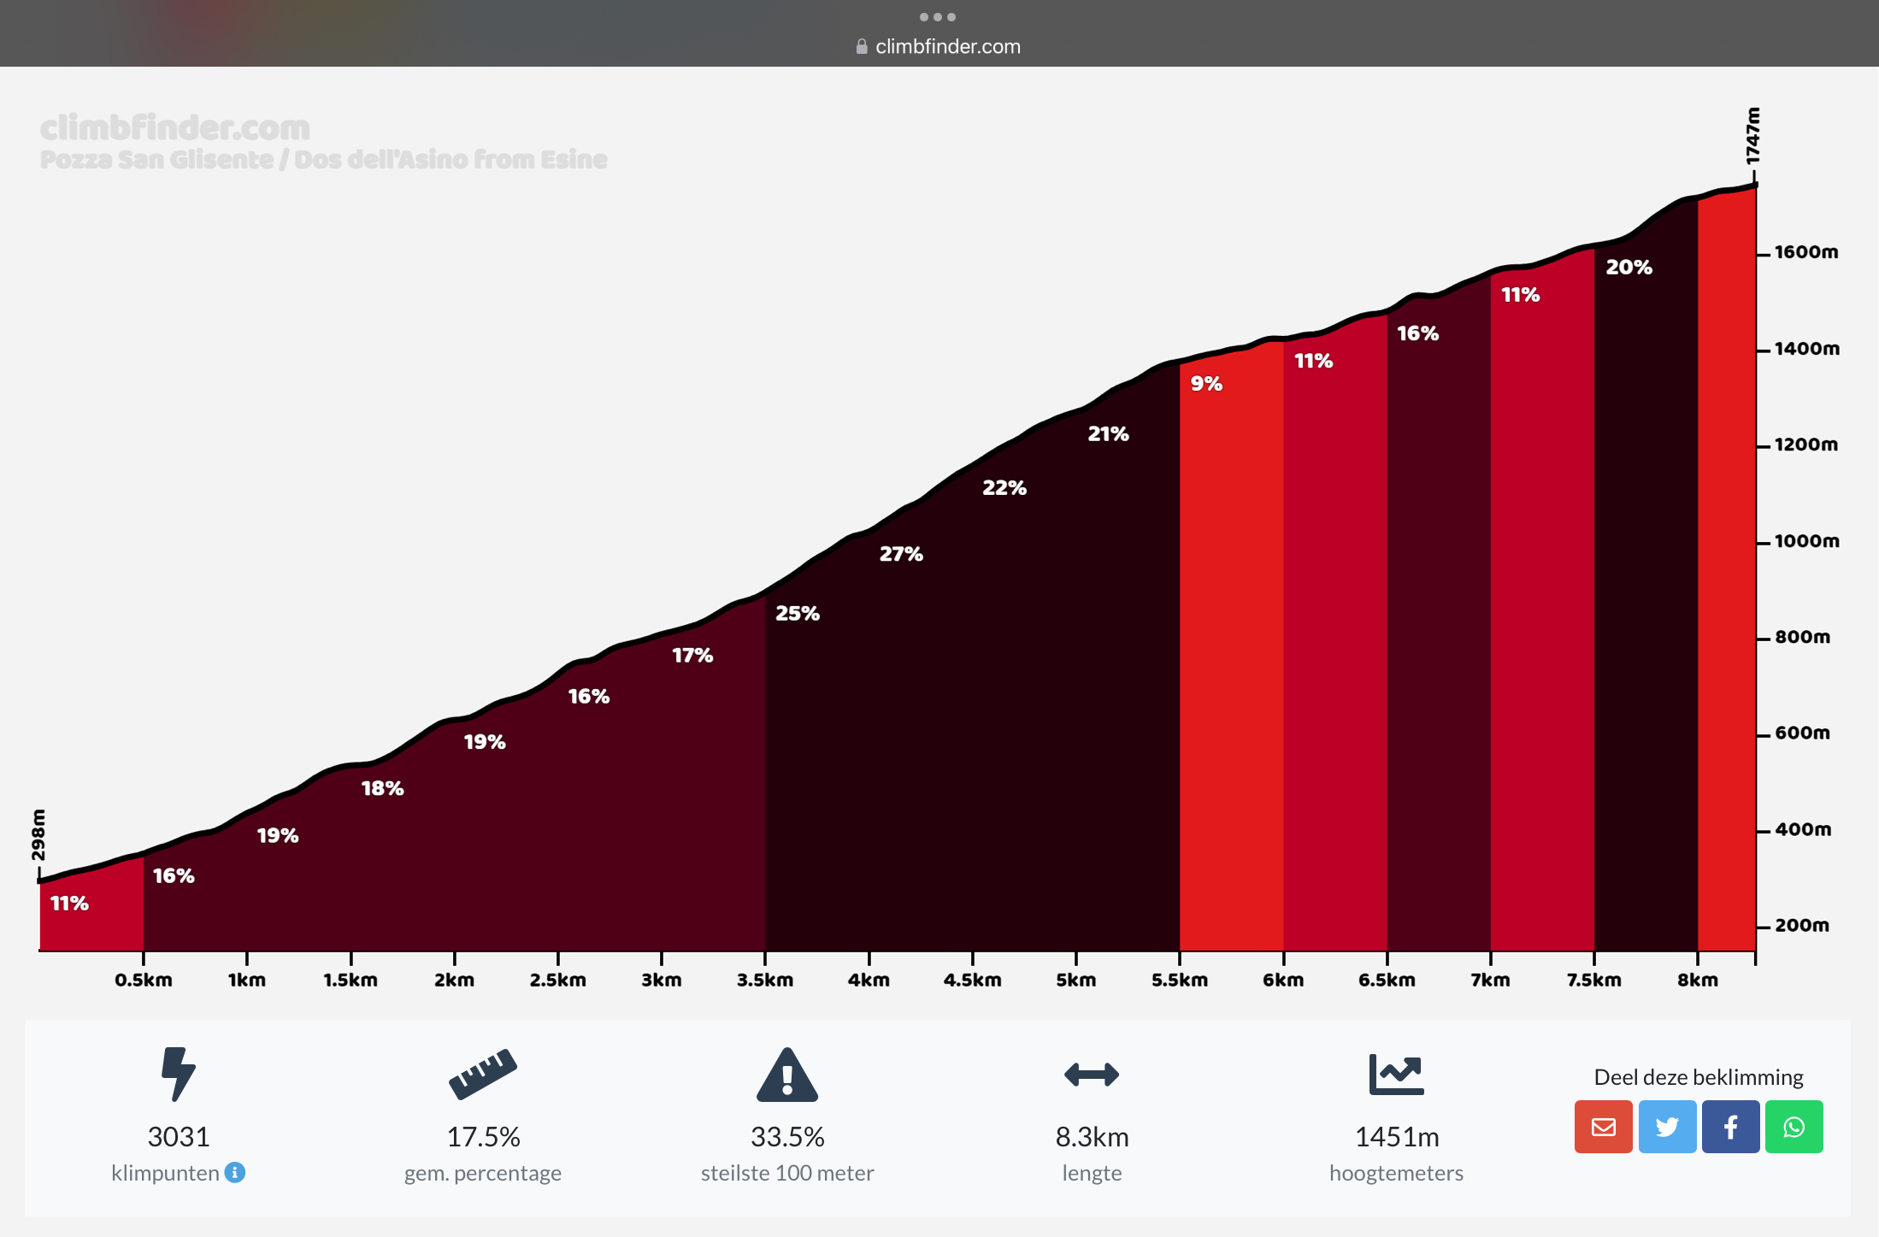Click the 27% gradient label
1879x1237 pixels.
point(901,554)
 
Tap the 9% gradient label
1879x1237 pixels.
point(1206,384)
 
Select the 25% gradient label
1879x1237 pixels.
point(797,613)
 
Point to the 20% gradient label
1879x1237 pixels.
point(1629,268)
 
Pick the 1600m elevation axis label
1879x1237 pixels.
point(1805,252)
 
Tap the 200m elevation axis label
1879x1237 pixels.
point(1802,925)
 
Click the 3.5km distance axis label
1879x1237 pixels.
point(765,980)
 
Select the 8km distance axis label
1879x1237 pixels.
point(1697,980)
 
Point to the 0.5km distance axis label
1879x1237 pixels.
point(144,980)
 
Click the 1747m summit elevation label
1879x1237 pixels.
point(1752,136)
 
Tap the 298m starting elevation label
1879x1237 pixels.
point(38,834)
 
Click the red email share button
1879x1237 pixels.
point(1603,1127)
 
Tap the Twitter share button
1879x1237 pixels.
point(1667,1127)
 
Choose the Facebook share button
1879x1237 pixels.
point(1730,1127)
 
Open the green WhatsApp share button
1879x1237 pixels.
point(1794,1127)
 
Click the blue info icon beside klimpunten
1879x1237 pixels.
point(235,1172)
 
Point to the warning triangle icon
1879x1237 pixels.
point(787,1075)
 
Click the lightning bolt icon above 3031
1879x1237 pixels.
point(178,1074)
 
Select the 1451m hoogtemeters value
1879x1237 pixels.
point(1397,1137)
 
